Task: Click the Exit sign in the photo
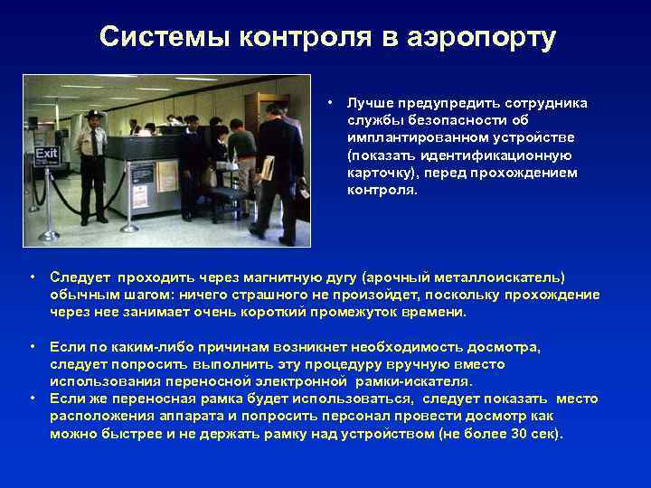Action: click(x=46, y=155)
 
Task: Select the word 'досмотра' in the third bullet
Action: click(x=504, y=347)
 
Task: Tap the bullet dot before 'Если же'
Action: click(x=33, y=399)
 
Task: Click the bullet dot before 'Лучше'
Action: click(x=332, y=102)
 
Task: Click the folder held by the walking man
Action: click(x=268, y=166)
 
